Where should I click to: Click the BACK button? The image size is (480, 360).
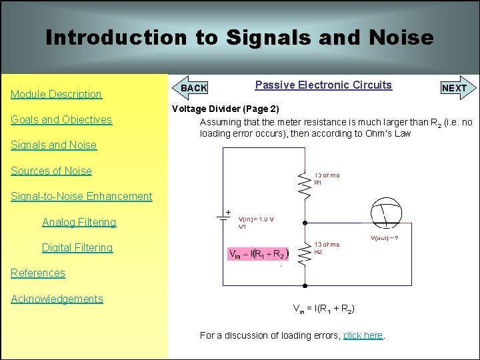[193, 87]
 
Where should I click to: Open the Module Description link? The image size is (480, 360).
[56, 94]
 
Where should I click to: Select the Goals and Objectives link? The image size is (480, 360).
[61, 120]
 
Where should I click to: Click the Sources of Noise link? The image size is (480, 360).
[51, 171]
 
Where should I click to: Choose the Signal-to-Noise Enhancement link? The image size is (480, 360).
[81, 196]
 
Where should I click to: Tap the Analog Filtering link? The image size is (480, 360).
[79, 222]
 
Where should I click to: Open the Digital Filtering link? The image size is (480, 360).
[77, 247]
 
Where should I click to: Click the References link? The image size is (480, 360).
[38, 273]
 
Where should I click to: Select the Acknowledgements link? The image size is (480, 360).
[57, 299]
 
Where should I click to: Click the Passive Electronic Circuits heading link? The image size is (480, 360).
[323, 85]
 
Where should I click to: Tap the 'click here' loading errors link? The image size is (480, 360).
[363, 335]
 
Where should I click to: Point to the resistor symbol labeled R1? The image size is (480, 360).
[305, 186]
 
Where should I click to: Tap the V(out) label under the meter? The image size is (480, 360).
[385, 238]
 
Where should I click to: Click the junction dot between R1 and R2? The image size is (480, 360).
[305, 223]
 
